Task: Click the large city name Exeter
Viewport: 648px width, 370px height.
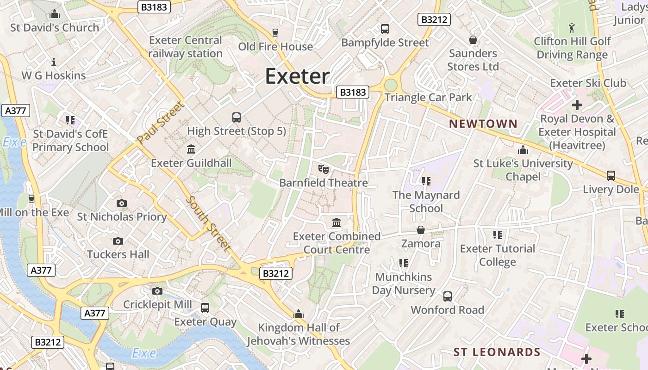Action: click(x=297, y=76)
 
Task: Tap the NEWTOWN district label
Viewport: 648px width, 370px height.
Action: click(x=483, y=123)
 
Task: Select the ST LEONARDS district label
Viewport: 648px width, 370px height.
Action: click(x=497, y=352)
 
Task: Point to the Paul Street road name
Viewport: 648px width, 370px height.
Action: click(x=161, y=122)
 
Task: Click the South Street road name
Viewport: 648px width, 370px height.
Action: click(x=208, y=223)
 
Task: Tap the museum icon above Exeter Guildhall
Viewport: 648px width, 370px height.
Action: click(x=191, y=149)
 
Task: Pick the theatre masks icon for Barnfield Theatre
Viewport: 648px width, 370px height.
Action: click(x=324, y=169)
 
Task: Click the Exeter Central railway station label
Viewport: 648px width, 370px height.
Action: click(x=186, y=47)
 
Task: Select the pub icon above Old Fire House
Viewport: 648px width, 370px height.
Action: click(x=275, y=32)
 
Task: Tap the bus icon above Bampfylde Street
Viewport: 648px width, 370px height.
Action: click(x=385, y=29)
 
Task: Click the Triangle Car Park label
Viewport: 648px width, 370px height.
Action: click(x=428, y=97)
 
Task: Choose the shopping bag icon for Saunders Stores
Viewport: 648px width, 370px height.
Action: click(x=473, y=40)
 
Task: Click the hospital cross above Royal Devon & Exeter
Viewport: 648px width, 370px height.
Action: click(x=577, y=105)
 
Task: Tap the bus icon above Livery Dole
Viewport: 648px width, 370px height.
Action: click(x=611, y=176)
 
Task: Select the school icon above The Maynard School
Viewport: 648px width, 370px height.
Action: click(x=426, y=181)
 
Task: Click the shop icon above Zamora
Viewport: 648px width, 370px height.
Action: click(x=421, y=230)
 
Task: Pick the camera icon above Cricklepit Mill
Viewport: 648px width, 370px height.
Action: click(x=157, y=291)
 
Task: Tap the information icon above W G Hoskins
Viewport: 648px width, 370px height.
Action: click(x=54, y=62)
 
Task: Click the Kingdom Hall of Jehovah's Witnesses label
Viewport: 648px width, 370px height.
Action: click(x=299, y=334)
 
